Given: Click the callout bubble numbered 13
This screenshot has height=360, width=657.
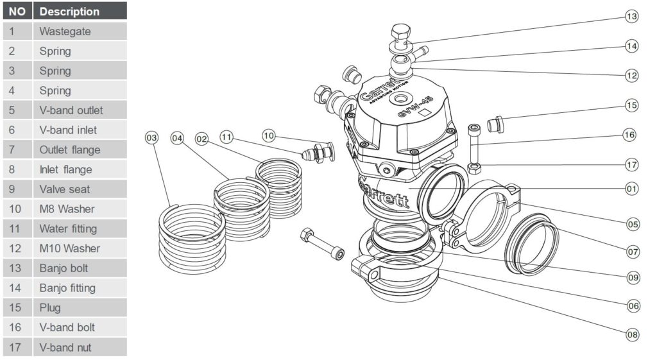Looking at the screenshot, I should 632,17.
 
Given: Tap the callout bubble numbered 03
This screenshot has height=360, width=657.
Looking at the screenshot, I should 152,138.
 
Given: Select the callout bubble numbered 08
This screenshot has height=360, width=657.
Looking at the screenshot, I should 633,333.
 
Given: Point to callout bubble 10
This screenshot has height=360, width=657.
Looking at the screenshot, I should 269,136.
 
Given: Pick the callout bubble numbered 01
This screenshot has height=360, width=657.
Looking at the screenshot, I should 632,189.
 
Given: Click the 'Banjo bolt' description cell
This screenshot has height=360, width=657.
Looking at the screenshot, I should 80,268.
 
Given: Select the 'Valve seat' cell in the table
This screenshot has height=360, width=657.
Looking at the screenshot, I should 80,189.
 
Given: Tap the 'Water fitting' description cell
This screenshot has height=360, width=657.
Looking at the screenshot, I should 80,228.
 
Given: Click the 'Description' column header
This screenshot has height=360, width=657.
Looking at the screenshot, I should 80,12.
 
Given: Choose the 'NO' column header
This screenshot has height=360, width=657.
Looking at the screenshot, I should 17,12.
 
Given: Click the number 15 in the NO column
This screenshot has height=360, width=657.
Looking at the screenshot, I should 17,307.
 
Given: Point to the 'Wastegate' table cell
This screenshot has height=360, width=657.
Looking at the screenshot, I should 80,31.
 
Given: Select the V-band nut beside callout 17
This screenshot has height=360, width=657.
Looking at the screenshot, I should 474,168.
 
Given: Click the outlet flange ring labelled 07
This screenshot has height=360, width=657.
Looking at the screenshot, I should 530,246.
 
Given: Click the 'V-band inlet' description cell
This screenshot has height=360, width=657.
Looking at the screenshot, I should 80,130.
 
